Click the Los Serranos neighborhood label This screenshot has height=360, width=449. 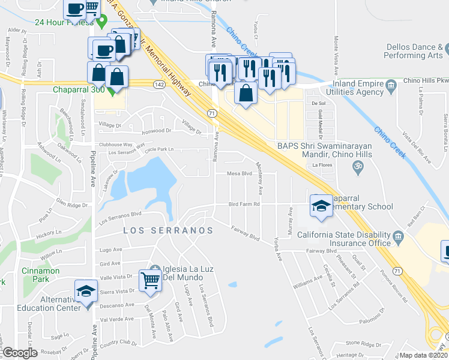[168, 230]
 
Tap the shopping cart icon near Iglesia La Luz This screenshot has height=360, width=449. [150, 280]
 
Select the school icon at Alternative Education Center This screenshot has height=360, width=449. [86, 292]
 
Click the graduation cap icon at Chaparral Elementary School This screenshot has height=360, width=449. [321, 206]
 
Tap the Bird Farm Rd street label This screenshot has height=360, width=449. [244, 204]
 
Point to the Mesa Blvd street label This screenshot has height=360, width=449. [238, 173]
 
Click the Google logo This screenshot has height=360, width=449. [20, 353]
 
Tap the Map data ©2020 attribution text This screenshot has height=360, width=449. [423, 355]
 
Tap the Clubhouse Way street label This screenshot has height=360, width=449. [115, 145]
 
